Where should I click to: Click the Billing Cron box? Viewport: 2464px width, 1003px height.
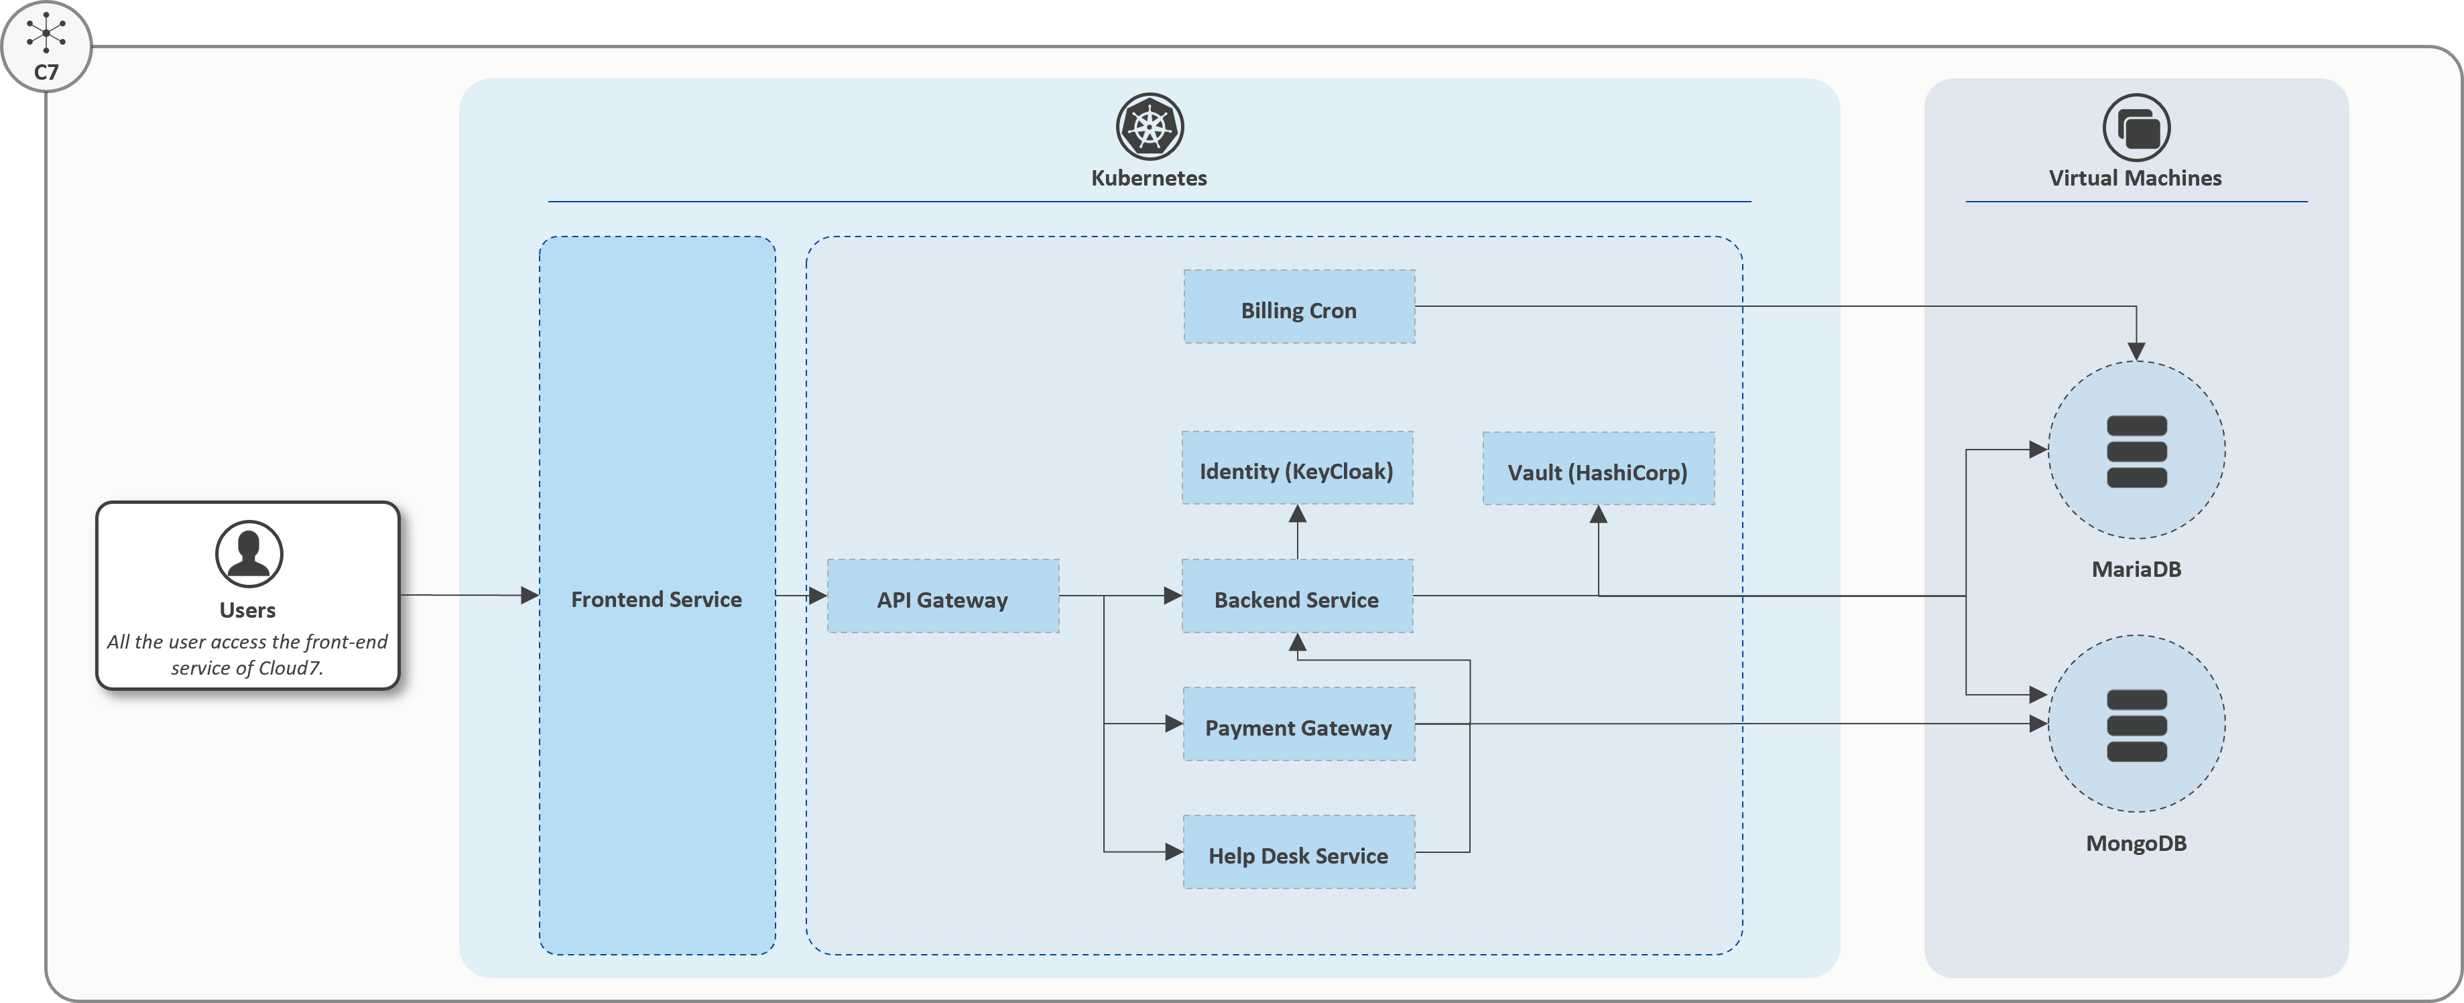pos(1298,307)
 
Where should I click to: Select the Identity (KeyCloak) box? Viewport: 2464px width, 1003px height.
pos(1296,468)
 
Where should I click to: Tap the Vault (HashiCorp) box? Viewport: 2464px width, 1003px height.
pos(1597,470)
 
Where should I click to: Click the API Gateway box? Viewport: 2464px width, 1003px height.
pos(942,596)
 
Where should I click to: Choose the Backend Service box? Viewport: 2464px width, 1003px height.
pos(1296,596)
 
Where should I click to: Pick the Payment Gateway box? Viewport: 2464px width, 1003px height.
pos(1298,725)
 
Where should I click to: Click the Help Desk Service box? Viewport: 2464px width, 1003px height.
pos(1298,853)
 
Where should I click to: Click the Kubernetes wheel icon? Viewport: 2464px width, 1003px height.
pos(1150,126)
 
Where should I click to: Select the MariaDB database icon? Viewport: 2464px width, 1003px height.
pos(2136,450)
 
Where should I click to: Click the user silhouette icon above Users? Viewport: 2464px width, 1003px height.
pos(249,553)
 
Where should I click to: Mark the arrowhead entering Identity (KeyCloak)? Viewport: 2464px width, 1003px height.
pos(1297,515)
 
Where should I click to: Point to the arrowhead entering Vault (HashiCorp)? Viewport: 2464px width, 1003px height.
pos(1597,515)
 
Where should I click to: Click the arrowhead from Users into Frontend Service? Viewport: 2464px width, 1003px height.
pos(529,595)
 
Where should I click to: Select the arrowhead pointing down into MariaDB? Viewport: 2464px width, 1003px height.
pos(2136,351)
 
